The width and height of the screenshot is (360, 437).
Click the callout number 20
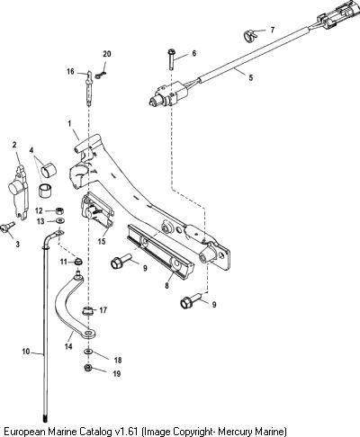[x=107, y=54]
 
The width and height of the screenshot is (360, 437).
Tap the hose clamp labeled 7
[x=250, y=35]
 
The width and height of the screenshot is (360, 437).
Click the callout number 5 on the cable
[x=251, y=77]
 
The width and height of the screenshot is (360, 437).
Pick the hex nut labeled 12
[x=60, y=210]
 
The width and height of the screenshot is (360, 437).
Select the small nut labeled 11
[x=78, y=262]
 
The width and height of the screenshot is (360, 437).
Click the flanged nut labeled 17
[x=87, y=310]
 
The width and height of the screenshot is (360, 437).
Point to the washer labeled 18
[x=88, y=351]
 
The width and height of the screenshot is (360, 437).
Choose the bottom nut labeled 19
[x=87, y=367]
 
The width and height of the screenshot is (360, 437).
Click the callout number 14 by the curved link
[x=68, y=346]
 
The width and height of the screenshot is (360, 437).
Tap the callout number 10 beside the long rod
[x=26, y=352]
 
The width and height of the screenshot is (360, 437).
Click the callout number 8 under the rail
[x=166, y=285]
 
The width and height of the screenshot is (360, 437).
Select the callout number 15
[x=102, y=241]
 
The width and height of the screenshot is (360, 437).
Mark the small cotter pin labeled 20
[x=101, y=75]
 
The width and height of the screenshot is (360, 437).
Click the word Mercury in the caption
[x=236, y=432]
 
